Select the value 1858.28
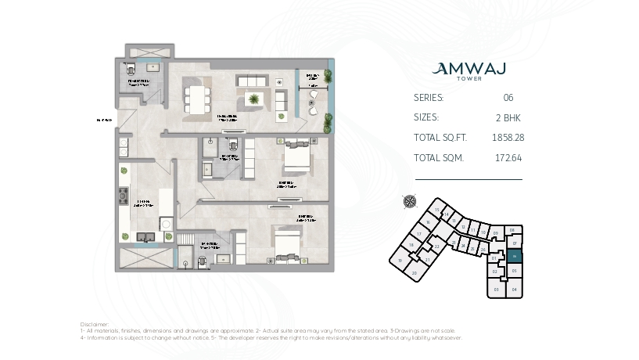[x=508, y=137]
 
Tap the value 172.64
[x=508, y=157]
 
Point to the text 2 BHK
[x=508, y=117]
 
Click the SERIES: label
[x=428, y=98]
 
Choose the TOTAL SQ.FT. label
[x=440, y=137]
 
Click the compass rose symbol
[x=409, y=200]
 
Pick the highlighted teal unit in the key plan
[x=514, y=256]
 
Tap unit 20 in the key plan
[x=415, y=272]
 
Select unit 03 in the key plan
[x=496, y=289]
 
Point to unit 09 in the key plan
[x=495, y=232]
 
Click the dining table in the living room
[x=196, y=98]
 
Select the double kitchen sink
[x=145, y=236]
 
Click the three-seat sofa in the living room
[x=252, y=81]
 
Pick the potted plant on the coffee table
[x=253, y=98]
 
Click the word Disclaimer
[x=95, y=323]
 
